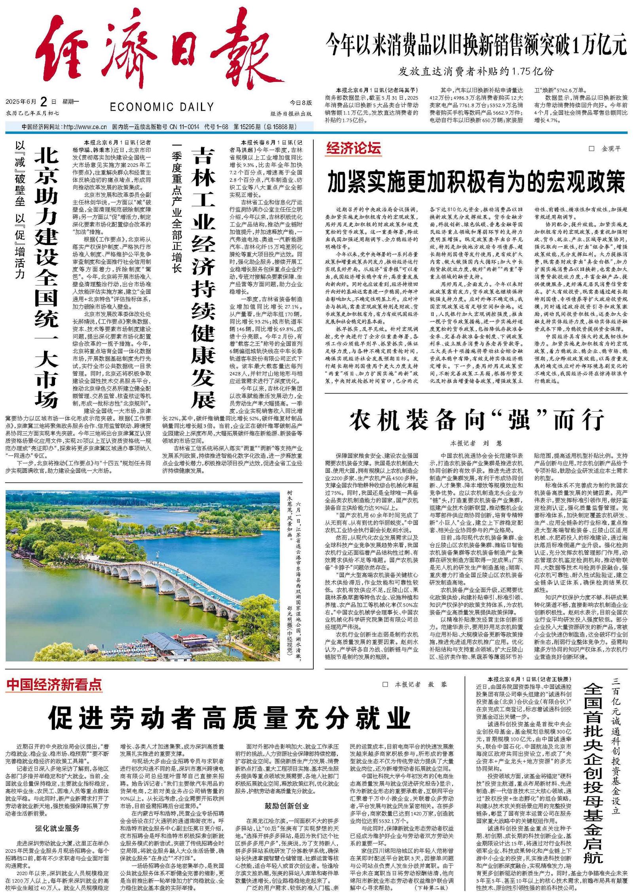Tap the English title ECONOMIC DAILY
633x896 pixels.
tap(162, 107)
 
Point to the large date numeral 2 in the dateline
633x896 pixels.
tap(44, 102)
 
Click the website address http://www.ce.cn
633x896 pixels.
tap(85, 127)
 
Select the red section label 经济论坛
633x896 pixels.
tap(353, 148)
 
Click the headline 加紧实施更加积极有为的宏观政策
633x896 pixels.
tap(476, 181)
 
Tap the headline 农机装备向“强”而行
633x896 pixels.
tap(476, 420)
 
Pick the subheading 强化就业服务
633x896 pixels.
tap(57, 828)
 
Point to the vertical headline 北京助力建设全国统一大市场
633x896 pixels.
tap(46, 277)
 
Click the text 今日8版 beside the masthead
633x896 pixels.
tap(301, 103)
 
